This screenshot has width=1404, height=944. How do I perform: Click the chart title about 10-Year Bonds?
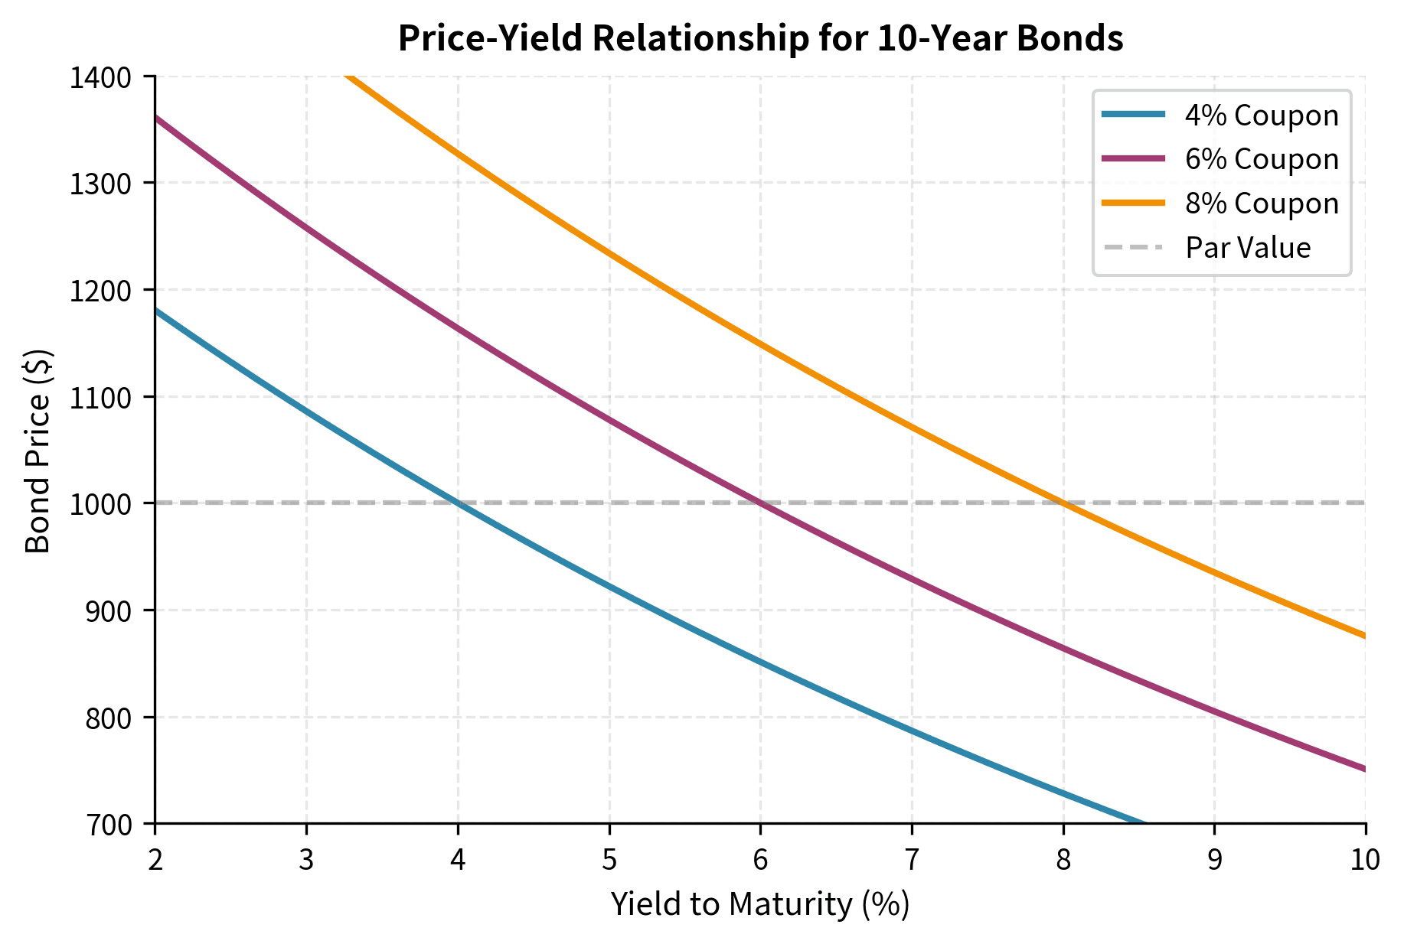click(760, 38)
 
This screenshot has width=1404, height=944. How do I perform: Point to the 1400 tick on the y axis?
click(110, 76)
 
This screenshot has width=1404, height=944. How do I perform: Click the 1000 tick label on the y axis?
click(110, 503)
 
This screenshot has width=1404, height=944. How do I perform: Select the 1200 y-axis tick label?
click(110, 290)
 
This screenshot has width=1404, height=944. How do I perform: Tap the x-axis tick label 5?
click(609, 861)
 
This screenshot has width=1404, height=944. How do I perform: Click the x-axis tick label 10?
click(1365, 861)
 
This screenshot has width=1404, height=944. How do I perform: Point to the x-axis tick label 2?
click(155, 861)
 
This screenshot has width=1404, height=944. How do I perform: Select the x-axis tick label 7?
click(911, 861)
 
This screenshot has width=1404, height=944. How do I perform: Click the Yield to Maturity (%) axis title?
click(760, 905)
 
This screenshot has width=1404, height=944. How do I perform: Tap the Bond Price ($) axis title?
click(38, 450)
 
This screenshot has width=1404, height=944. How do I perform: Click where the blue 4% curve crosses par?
click(458, 503)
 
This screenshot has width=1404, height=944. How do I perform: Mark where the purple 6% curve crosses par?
click(760, 503)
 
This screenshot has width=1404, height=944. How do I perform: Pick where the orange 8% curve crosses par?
click(1063, 503)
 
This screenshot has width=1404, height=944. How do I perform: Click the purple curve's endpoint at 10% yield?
click(1364, 769)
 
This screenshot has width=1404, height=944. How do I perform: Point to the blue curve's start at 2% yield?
click(156, 310)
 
